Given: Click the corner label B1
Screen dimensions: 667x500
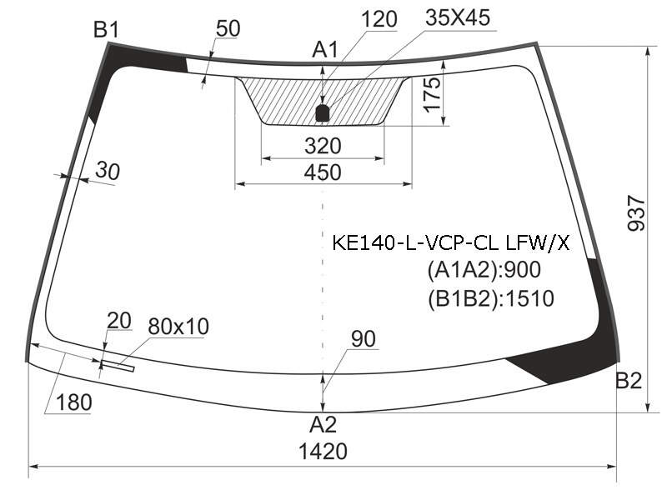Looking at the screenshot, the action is point(107,30).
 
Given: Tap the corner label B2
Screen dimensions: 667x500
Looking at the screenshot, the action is point(629,380).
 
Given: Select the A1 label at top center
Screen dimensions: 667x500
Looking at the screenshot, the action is point(325,50).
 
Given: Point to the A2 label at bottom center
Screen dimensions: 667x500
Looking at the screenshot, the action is point(323,424).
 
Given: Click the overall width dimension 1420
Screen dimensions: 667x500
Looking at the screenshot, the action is point(323,451).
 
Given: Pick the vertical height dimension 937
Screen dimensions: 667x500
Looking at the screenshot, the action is point(636,213).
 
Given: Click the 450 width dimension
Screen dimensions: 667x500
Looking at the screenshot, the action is point(323,172).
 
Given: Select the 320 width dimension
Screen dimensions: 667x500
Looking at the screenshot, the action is point(323,146).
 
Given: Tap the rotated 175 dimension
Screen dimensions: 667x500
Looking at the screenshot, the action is point(432,95).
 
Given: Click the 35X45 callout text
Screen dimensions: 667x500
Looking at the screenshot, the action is point(458,17).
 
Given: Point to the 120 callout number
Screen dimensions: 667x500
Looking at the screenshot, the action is point(379,19).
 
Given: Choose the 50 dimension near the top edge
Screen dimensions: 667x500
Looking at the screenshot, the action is point(228,28).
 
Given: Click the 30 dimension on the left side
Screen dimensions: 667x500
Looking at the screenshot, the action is point(108,171).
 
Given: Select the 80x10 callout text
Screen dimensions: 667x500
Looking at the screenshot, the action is point(178,327).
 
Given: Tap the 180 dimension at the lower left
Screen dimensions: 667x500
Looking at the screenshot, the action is point(73,402).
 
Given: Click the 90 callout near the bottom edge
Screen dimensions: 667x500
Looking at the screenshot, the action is point(364,339).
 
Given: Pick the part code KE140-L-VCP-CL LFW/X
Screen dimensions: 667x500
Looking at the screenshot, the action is point(450,243).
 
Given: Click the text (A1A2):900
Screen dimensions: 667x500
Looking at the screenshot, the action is point(484,269).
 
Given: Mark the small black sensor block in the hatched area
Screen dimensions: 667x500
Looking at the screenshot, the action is point(323,113).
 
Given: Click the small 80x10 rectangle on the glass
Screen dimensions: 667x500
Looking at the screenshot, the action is point(118,366).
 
